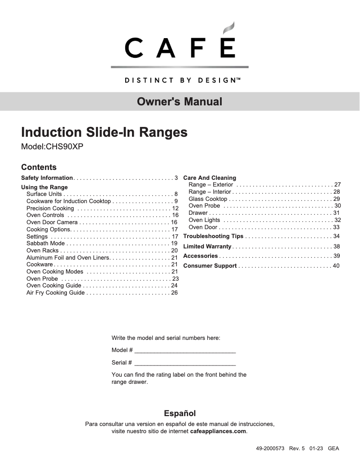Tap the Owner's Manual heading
coord(180,102)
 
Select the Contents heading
coord(39,167)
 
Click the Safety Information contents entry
coord(47,178)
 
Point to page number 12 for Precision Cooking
coord(176,209)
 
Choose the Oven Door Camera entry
coord(52,222)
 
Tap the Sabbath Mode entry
coord(46,243)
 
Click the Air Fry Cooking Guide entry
coord(56,293)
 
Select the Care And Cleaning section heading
coord(210,178)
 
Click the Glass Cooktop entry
coord(208,199)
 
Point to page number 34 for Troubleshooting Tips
coord(336,236)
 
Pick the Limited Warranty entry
coord(207,247)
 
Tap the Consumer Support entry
coord(210,266)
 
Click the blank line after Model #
coord(185,351)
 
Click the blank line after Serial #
coord(185,363)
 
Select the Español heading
coord(180,413)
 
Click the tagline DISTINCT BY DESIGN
coord(180,81)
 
